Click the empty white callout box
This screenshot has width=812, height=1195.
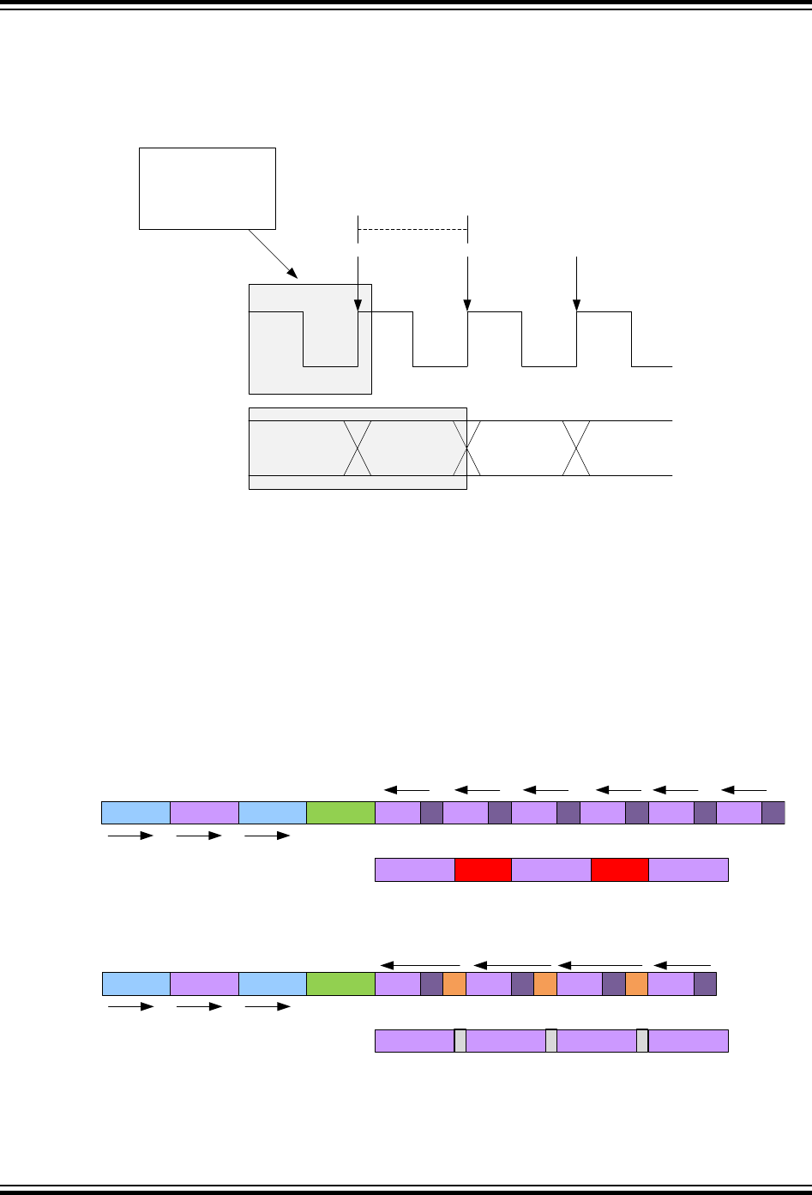tap(208, 188)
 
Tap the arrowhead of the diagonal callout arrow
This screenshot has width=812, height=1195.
tap(295, 276)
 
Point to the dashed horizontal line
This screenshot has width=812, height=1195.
tap(412, 230)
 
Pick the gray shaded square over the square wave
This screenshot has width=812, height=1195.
tap(310, 338)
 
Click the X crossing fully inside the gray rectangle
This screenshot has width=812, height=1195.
tap(358, 448)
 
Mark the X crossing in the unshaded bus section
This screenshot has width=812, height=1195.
tap(577, 448)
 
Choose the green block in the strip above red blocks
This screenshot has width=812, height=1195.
tap(340, 812)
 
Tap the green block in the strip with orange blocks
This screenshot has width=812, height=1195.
tap(340, 984)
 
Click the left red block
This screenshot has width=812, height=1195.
tap(483, 869)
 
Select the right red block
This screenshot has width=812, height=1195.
tap(620, 869)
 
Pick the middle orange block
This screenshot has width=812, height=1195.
tap(545, 984)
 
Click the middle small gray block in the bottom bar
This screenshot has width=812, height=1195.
tap(551, 1041)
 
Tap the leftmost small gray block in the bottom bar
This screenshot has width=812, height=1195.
tap(460, 1041)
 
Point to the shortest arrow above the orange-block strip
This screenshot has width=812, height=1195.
tap(683, 966)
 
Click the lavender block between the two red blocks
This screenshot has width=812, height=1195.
tap(551, 869)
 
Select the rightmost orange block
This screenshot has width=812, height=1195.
tap(636, 984)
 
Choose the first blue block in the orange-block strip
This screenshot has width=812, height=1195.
tap(136, 984)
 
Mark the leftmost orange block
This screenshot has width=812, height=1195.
tap(454, 984)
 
